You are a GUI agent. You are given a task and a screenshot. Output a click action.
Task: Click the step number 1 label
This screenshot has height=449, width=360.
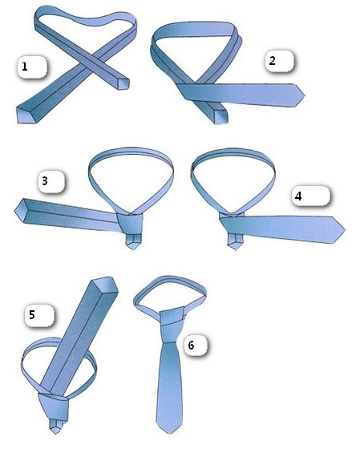[25, 67]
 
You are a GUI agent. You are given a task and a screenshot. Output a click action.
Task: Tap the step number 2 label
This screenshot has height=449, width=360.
[272, 60]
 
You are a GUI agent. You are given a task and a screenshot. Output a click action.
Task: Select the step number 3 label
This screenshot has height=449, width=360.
[45, 181]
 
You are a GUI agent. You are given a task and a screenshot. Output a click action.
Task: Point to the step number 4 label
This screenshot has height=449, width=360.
[298, 196]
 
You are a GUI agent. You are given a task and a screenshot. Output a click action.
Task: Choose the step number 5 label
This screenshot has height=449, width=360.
[32, 315]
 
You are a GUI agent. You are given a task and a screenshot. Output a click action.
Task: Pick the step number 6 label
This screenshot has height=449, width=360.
[191, 346]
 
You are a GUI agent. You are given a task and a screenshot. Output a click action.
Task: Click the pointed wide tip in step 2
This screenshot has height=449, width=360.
[303, 95]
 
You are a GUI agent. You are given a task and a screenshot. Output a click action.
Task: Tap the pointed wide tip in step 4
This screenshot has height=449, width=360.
[344, 229]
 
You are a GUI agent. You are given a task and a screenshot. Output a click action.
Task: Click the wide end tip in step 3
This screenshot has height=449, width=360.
[15, 212]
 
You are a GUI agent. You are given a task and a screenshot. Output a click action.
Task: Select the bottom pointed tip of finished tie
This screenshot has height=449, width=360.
[169, 433]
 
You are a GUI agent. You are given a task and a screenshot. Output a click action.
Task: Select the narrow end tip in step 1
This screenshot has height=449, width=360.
[123, 83]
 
